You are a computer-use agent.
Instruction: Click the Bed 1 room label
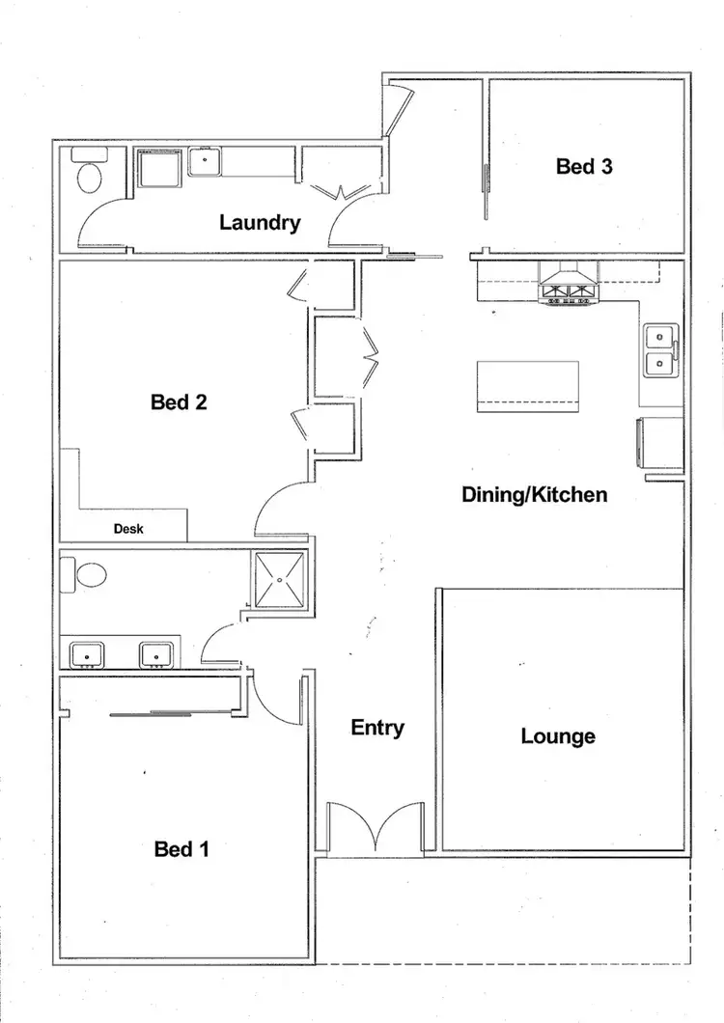[181, 849]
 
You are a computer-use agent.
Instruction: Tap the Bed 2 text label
[179, 402]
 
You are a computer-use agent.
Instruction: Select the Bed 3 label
[584, 166]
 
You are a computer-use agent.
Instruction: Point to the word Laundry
[260, 223]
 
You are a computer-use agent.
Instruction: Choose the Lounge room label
[558, 736]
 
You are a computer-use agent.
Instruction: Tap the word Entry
[377, 728]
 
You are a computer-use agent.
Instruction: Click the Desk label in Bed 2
[128, 529]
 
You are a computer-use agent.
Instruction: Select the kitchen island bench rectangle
[527, 385]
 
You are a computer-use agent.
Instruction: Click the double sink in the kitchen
[660, 350]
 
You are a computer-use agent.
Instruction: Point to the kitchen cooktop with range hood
[569, 289]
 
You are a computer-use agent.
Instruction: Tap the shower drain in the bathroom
[281, 581]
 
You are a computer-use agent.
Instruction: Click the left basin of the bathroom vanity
[88, 655]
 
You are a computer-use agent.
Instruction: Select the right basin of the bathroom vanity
[155, 655]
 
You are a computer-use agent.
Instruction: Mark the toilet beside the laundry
[88, 177]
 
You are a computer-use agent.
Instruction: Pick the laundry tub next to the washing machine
[205, 161]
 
